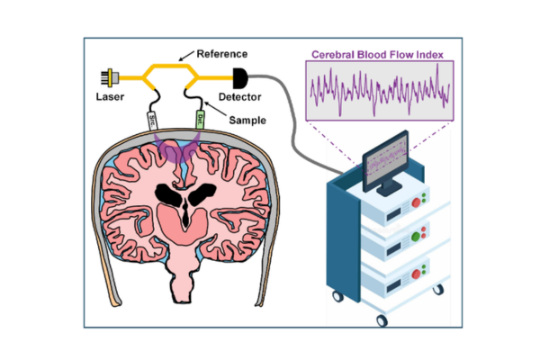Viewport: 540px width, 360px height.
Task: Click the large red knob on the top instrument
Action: tap(415, 202)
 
